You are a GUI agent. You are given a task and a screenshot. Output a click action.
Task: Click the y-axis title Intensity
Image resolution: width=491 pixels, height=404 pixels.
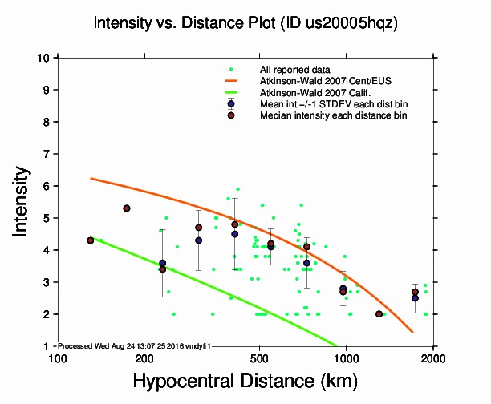coord(23,200)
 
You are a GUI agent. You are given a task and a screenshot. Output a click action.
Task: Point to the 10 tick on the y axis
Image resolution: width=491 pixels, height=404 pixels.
coord(46,58)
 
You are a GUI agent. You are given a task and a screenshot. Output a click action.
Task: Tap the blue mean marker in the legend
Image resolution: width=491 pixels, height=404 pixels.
coord(231,104)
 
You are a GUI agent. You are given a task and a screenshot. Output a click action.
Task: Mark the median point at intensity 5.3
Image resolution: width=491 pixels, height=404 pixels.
coord(127,208)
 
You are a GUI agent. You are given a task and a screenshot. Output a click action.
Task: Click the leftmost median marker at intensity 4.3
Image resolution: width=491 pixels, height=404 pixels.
coord(90,240)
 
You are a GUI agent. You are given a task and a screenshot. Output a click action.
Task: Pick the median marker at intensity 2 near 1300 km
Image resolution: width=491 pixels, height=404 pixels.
coord(379,314)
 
